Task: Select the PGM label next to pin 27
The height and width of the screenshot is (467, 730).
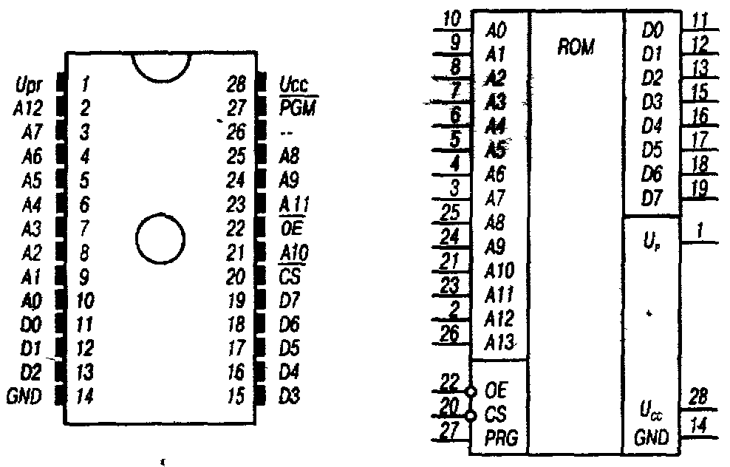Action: [x=297, y=109]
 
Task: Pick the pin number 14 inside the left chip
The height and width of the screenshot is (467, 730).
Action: [x=86, y=396]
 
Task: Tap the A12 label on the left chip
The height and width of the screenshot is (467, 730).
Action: [x=28, y=109]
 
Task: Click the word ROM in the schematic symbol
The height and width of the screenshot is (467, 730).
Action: [x=577, y=48]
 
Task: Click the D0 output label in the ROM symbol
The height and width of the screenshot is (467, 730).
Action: [x=653, y=31]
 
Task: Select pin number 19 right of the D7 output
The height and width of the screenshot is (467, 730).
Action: [x=697, y=188]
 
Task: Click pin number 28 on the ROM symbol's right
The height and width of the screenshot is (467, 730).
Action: [x=697, y=398]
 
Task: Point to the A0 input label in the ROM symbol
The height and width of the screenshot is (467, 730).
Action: [x=497, y=33]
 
